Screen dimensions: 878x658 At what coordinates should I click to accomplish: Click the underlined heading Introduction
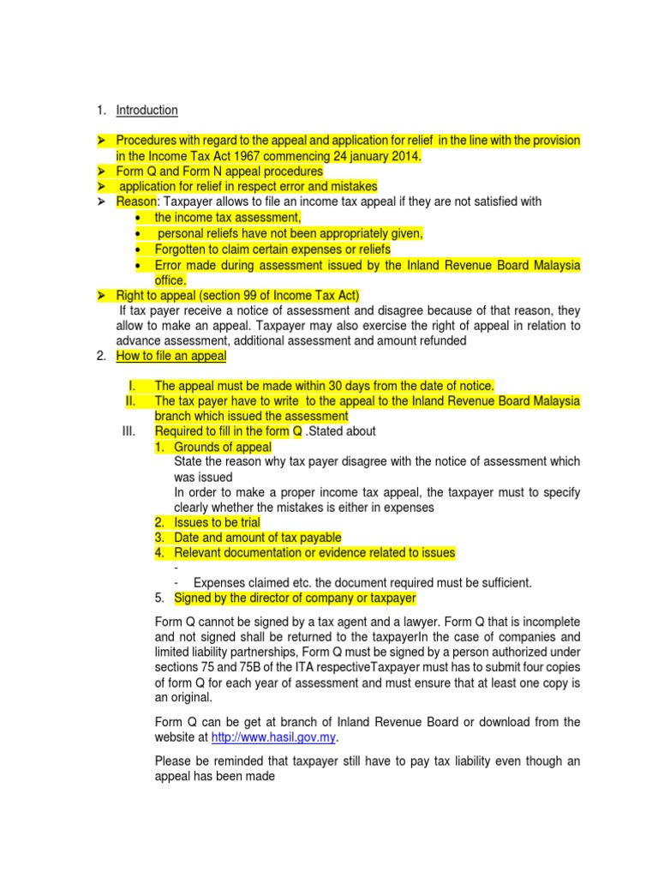(x=147, y=110)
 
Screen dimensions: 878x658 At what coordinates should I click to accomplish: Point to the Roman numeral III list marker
(x=129, y=430)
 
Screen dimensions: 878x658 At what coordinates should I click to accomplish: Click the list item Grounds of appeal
(x=223, y=447)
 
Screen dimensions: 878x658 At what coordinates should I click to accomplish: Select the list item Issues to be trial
(x=217, y=522)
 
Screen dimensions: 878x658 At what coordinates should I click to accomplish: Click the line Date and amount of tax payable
(x=257, y=538)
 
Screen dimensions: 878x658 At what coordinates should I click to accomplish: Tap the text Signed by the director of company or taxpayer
(x=295, y=598)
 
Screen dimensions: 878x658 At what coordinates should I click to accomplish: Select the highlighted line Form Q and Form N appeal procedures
(x=219, y=171)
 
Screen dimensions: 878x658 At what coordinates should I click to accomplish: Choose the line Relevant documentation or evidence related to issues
(x=314, y=552)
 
